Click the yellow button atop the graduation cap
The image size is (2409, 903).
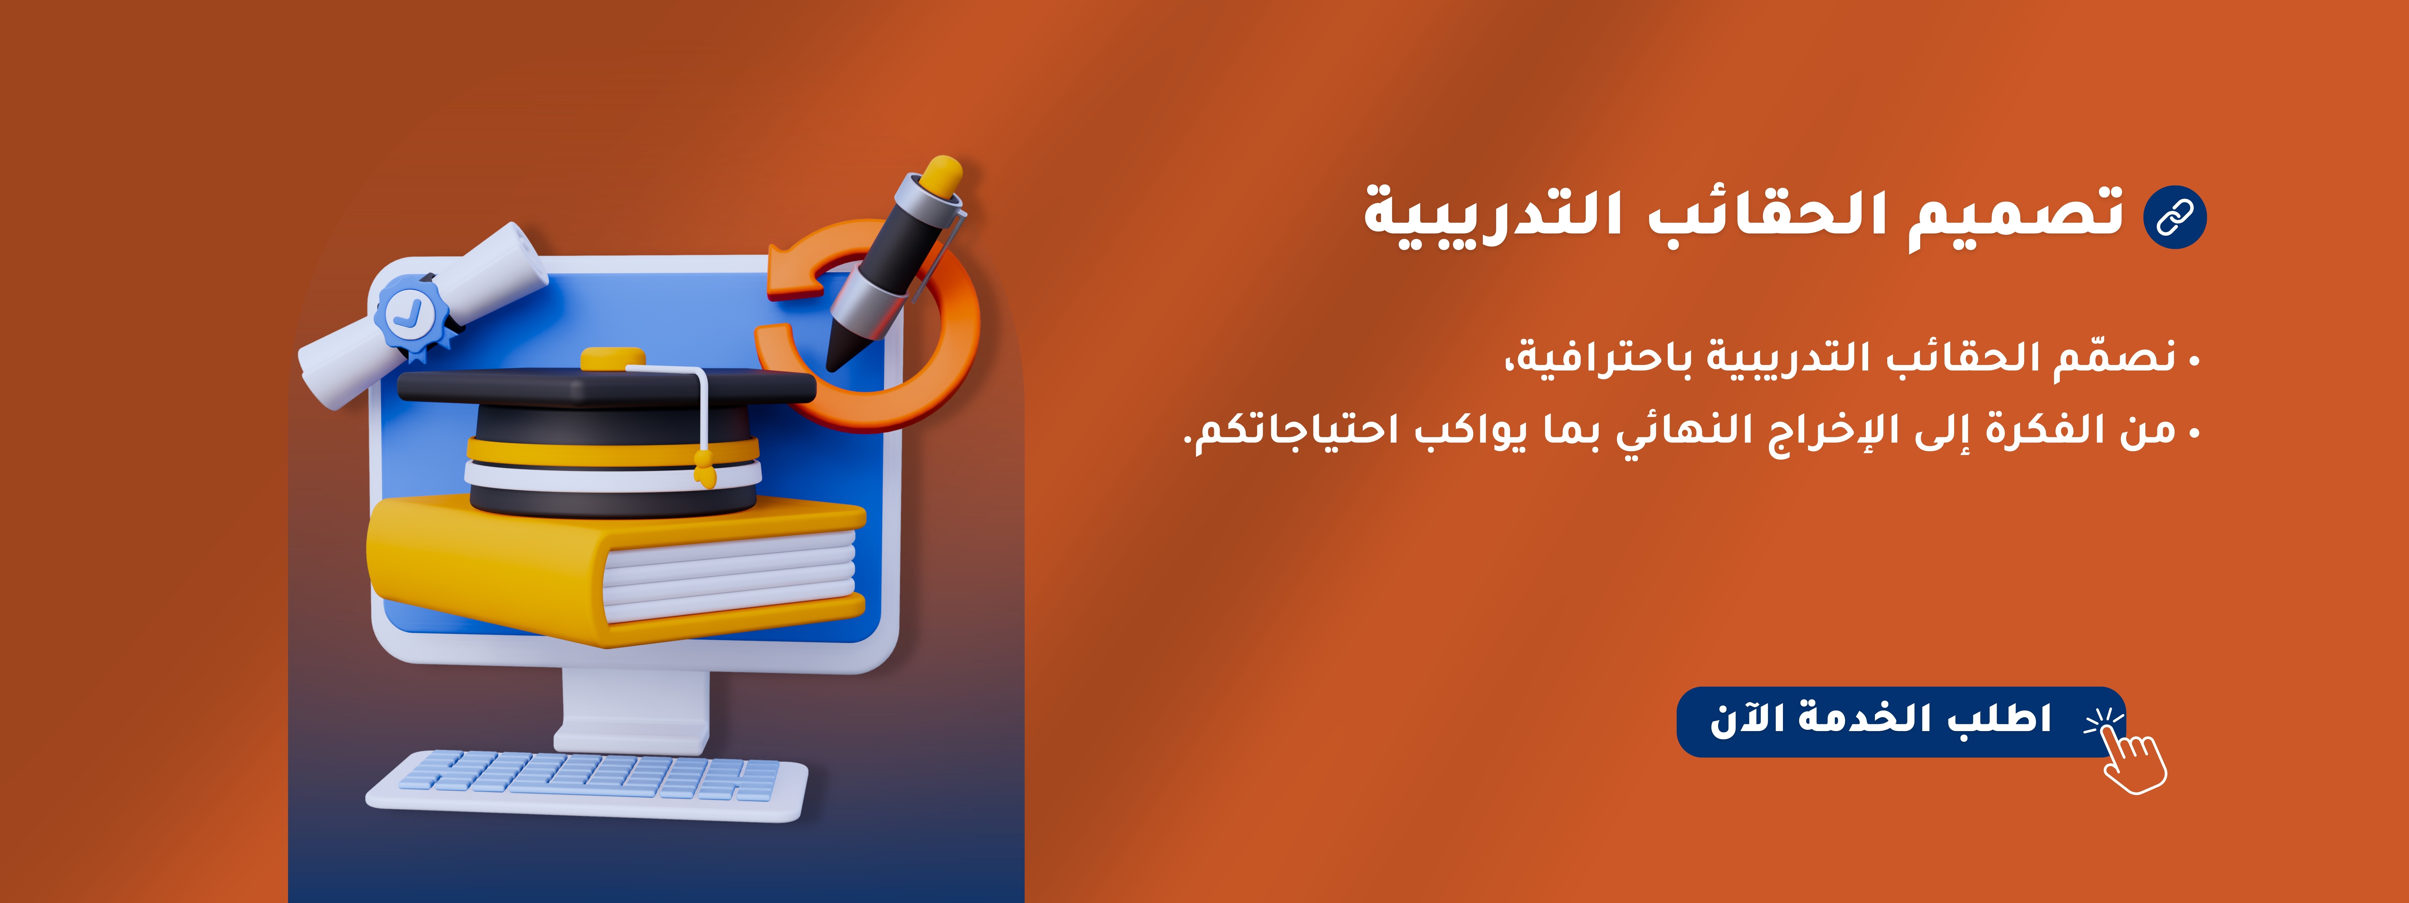click(612, 359)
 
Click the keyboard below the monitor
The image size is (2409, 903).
click(586, 783)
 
